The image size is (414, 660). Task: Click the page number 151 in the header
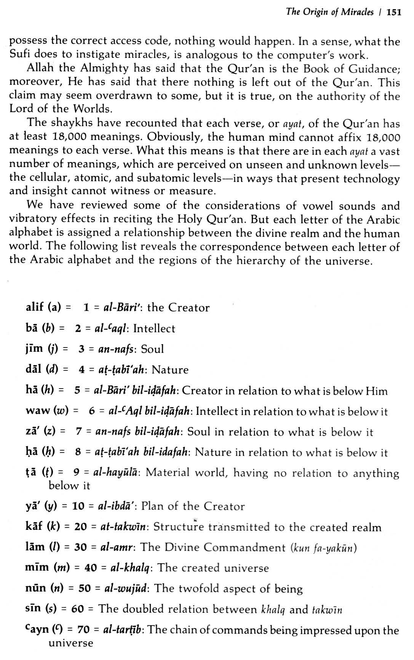coord(394,13)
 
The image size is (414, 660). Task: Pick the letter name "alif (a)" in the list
coord(43,307)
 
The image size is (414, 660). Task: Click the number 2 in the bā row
coord(78,328)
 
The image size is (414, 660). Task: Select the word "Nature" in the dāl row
coord(170,370)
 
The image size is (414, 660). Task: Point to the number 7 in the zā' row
coord(79,432)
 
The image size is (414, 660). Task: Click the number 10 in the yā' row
coord(78,506)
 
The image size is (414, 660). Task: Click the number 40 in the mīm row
coord(90,568)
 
